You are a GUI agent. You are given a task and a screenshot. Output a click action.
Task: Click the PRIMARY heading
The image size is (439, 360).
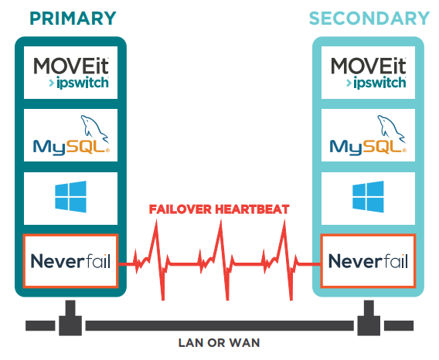click(x=73, y=19)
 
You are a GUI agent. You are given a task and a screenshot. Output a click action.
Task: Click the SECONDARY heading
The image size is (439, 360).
click(x=369, y=19)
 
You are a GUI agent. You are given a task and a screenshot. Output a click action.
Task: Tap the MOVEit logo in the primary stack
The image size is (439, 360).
click(x=71, y=73)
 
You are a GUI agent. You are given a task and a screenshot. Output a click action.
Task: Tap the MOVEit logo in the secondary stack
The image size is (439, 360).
click(x=368, y=73)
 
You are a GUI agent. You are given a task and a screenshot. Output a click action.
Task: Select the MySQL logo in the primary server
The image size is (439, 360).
click(x=71, y=135)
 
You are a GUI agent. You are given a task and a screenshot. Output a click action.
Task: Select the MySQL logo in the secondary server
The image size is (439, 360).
click(x=368, y=135)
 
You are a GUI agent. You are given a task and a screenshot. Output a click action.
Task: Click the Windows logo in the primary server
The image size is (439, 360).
click(x=71, y=196)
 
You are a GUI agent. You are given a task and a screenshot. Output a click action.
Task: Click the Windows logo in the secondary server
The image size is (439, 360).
click(x=368, y=196)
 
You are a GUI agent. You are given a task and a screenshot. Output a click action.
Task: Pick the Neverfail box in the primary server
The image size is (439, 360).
click(x=70, y=261)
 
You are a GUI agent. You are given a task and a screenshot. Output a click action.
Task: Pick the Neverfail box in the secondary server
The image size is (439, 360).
click(x=368, y=261)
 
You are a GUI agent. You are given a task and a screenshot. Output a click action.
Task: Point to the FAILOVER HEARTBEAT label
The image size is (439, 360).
click(x=219, y=209)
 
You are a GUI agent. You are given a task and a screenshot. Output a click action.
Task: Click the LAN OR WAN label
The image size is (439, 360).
click(x=219, y=343)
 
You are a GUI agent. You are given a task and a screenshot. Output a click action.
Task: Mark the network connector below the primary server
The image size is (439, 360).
click(x=70, y=318)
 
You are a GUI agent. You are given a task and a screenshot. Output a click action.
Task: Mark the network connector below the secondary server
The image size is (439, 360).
click(x=369, y=318)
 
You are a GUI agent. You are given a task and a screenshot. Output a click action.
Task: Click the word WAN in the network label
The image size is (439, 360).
click(x=244, y=343)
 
